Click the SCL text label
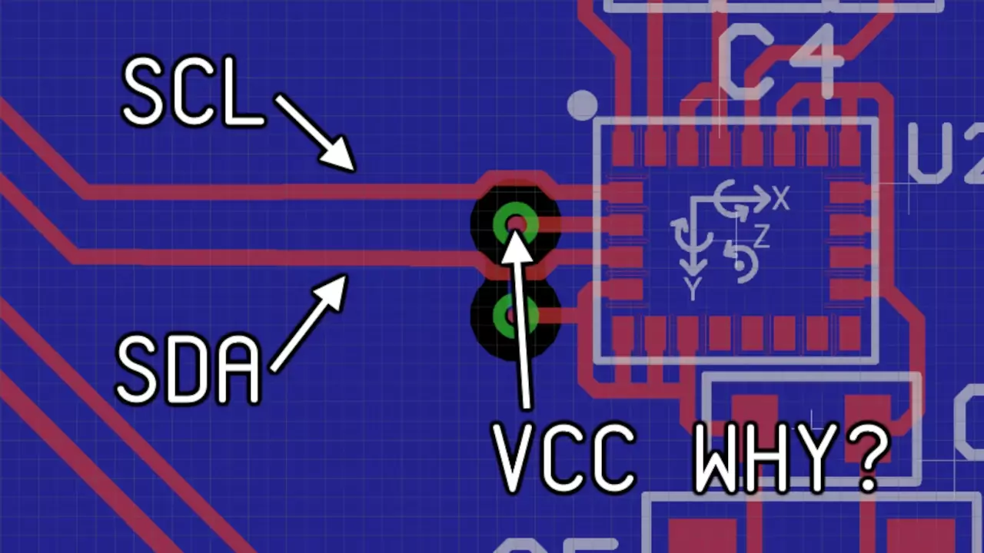tap(192, 94)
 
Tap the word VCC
tap(565, 459)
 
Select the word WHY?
tap(792, 459)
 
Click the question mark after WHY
tap(869, 459)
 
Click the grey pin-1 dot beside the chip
tap(582, 104)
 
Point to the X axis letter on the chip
tap(781, 200)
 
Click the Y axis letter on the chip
tap(693, 289)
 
